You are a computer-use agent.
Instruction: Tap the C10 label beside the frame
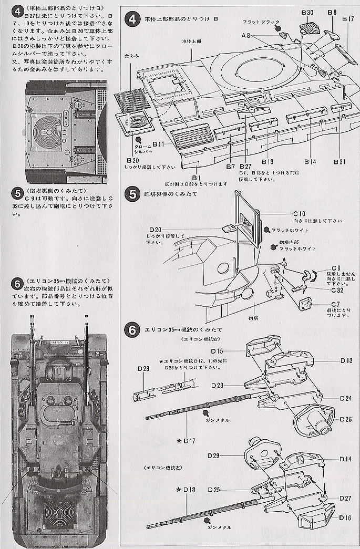(x=300, y=214)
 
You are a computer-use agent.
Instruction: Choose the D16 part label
(x=345, y=518)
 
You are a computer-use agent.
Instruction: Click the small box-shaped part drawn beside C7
(x=304, y=303)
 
